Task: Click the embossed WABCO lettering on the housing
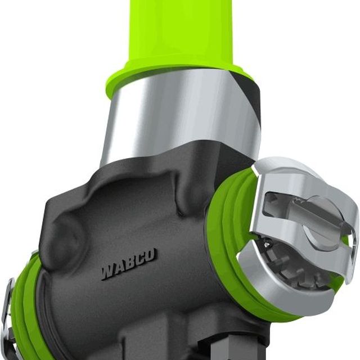(129, 264)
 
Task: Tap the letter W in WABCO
(107, 272)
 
